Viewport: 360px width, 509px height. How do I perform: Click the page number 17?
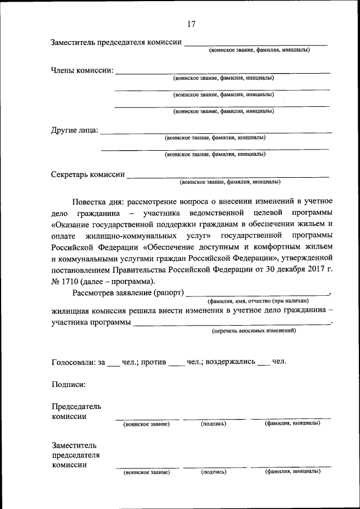tap(191, 24)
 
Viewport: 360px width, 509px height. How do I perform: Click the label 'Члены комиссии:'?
tap(82, 71)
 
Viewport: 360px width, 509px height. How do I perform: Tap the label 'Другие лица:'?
tap(74, 130)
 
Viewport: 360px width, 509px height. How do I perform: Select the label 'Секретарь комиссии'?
tap(88, 174)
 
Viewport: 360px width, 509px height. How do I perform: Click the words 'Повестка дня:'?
tap(98, 201)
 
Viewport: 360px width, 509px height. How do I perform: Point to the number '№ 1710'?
tap(65, 282)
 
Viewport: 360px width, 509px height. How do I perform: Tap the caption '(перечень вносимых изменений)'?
tap(254, 331)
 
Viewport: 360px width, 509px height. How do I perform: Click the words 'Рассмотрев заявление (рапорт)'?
tap(128, 293)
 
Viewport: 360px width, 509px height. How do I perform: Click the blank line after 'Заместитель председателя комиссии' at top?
tap(256, 44)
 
